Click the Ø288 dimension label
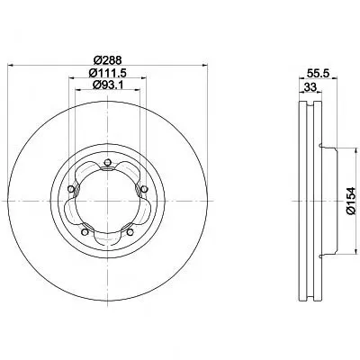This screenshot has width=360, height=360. coord(107,60)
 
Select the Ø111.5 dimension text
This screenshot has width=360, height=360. coord(107,73)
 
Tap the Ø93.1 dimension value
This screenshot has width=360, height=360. coord(108,85)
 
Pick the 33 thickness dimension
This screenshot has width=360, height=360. coord(310,87)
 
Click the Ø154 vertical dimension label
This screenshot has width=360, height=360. coord(350,201)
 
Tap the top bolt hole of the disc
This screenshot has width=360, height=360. coord(107,163)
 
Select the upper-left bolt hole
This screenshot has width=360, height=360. coord(71,189)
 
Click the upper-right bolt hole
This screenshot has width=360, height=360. coord(144,189)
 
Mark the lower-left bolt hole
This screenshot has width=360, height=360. coord(85,232)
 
